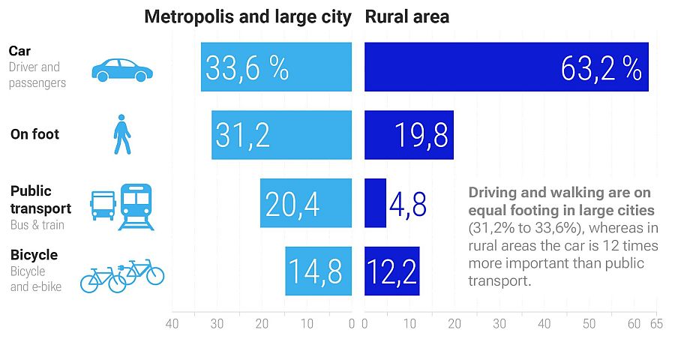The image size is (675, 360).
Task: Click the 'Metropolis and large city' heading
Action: tap(247, 16)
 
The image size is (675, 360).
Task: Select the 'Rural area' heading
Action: tap(407, 16)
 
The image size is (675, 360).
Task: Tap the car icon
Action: tap(121, 70)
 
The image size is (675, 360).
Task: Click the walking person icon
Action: tap(121, 135)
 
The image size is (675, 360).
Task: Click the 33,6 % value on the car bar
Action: tap(247, 67)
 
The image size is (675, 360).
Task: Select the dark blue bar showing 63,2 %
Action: tap(506, 67)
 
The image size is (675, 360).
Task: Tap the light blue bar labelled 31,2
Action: tap(281, 135)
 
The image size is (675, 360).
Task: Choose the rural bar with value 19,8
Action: tap(409, 135)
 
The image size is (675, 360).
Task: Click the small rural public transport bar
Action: tap(375, 202)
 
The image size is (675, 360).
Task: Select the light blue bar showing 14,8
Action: tap(318, 271)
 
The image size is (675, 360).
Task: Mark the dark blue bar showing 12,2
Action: tap(392, 271)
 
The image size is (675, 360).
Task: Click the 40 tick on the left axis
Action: tap(172, 324)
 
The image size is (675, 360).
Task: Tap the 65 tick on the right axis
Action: tap(656, 324)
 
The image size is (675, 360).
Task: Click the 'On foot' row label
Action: tap(34, 135)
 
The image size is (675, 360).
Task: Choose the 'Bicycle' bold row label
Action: tap(34, 255)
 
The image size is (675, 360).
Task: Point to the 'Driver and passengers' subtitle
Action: tap(37, 75)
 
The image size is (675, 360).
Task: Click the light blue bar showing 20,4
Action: tap(306, 202)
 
